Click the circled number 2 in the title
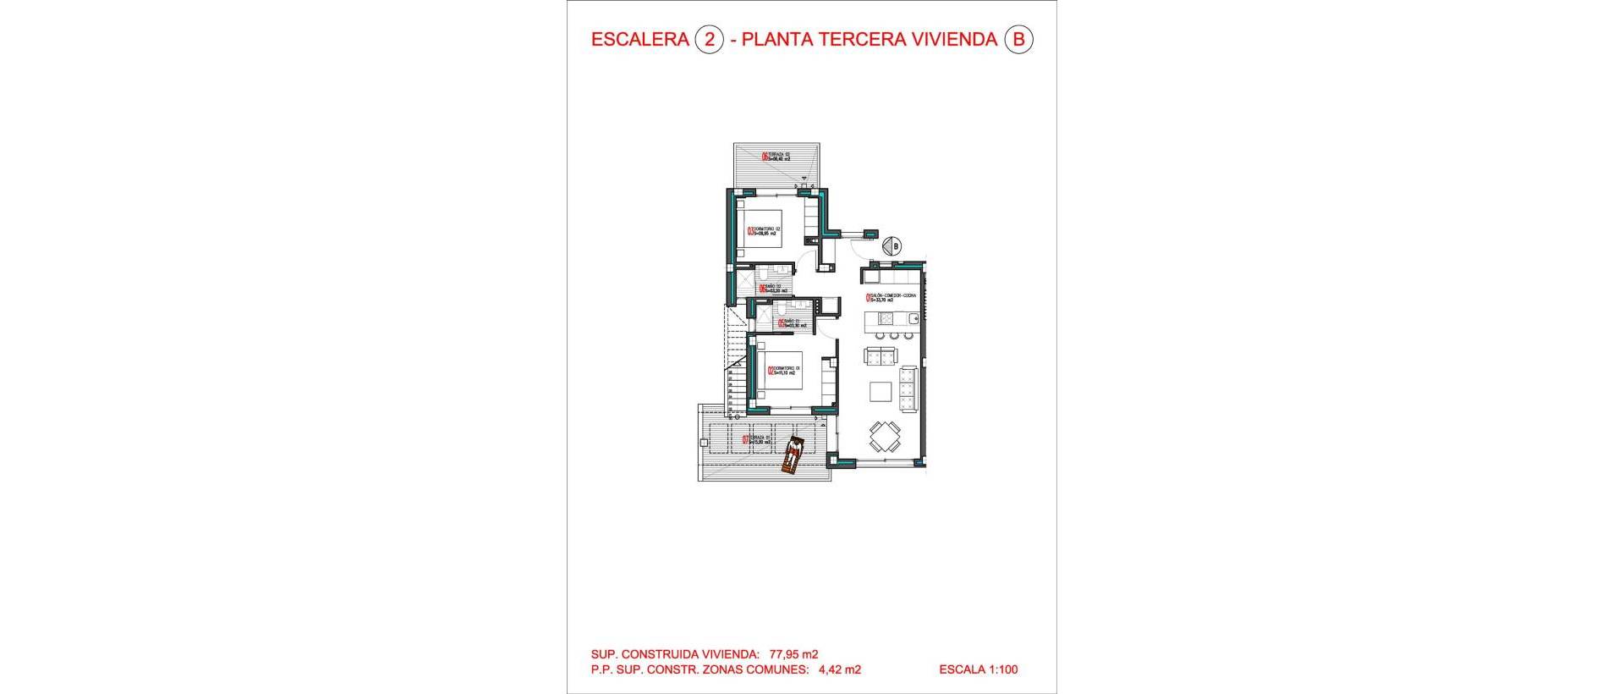tap(709, 40)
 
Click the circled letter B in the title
tap(1018, 40)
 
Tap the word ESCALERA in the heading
tap(639, 40)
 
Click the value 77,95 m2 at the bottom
tap(793, 653)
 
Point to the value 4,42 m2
tap(839, 669)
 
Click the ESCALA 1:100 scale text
tap(978, 669)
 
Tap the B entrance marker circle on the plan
tap(891, 246)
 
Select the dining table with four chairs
tap(885, 438)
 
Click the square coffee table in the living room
tap(881, 391)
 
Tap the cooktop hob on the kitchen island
tap(886, 318)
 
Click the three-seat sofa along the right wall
tap(908, 386)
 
